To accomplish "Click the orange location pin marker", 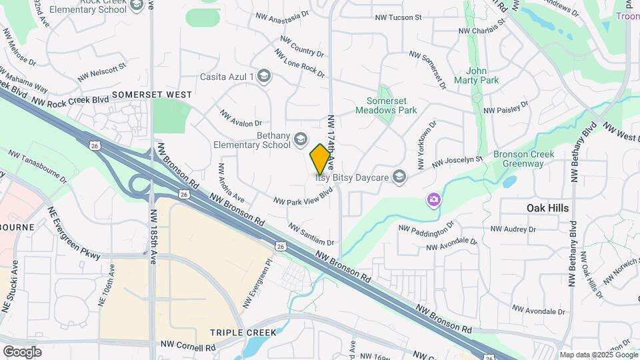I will (321, 158).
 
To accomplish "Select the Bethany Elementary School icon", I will (301, 139).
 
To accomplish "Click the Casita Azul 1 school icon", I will (265, 76).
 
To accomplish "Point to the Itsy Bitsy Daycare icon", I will (399, 176).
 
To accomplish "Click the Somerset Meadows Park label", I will (391, 105).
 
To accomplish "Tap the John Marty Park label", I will (477, 75).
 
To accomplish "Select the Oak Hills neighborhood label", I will (547, 208).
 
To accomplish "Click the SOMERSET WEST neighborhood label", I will (152, 95).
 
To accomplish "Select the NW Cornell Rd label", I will (188, 347).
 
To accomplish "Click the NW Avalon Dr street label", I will (241, 118).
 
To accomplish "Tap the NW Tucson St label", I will (399, 18).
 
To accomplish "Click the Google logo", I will (22, 351).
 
